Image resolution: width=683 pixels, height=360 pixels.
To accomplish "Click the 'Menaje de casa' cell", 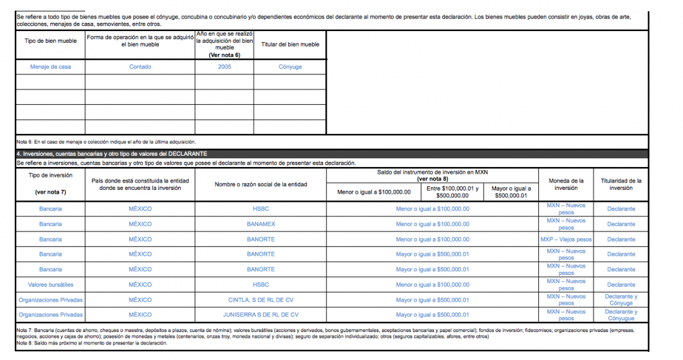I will point(50,67).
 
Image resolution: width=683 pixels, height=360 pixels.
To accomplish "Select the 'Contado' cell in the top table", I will point(140,67).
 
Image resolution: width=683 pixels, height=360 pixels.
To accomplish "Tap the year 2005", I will point(224,67).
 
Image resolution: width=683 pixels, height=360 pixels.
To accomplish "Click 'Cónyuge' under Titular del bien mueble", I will point(290,67).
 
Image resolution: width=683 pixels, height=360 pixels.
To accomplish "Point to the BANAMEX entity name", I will point(261,224).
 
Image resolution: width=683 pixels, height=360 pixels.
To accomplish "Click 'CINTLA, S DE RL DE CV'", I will point(261,300).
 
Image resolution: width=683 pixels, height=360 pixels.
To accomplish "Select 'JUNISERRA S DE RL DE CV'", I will point(261,315).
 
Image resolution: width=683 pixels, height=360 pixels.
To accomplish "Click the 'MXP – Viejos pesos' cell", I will point(566,239).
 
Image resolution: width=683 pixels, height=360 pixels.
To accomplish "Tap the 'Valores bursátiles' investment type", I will point(50,285).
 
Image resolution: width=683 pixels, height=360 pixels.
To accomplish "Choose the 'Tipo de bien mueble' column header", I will point(50,44).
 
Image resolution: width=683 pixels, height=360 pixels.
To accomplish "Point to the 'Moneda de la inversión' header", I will point(566,184).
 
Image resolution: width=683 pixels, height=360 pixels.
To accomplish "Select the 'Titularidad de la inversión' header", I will point(621,184).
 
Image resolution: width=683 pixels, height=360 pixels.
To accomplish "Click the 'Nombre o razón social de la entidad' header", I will point(261,184).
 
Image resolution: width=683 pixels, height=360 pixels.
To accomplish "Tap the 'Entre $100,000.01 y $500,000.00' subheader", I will point(451,192).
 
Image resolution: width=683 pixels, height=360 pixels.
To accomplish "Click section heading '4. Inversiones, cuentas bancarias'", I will point(112,153).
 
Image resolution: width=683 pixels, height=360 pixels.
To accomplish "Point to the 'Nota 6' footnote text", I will point(106,142).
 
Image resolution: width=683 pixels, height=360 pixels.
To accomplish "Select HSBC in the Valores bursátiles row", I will point(261,285).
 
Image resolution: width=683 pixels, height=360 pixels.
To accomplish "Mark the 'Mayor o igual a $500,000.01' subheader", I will point(511,192).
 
